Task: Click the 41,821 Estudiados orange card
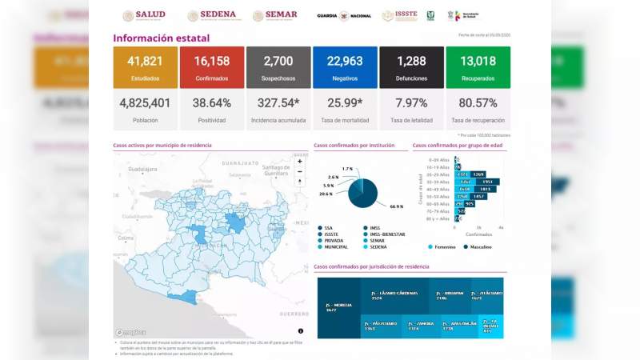[145, 67]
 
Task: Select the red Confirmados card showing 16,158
[211, 67]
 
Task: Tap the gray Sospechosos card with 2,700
[278, 67]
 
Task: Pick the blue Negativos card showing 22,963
[344, 67]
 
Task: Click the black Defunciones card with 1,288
[411, 67]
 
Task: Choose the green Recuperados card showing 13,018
[478, 67]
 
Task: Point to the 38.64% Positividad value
[211, 103]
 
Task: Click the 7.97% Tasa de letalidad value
[411, 103]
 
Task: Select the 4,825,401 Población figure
[145, 103]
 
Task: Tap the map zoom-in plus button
[300, 161]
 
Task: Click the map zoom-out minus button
[300, 171]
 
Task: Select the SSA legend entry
[327, 228]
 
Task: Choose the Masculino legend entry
[478, 247]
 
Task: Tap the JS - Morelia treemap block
[338, 307]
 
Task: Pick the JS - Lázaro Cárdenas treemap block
[394, 295]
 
